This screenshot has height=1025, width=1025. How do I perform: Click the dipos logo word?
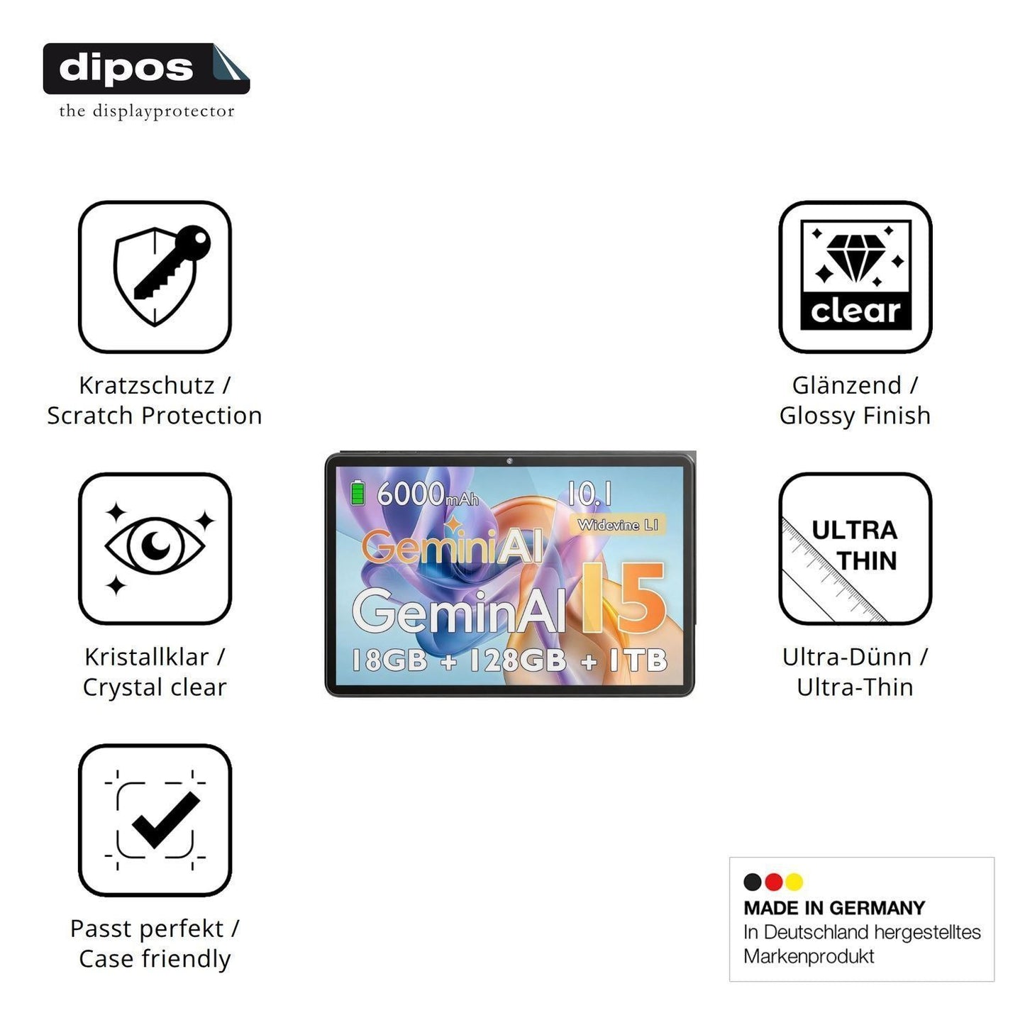click(x=126, y=69)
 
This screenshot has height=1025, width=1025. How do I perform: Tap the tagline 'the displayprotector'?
click(x=147, y=111)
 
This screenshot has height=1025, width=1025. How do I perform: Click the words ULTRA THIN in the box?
click(x=854, y=545)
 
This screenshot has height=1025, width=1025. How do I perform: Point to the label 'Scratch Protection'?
click(x=154, y=416)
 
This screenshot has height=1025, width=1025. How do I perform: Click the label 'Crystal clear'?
click(x=154, y=687)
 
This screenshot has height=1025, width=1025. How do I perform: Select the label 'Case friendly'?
click(x=155, y=959)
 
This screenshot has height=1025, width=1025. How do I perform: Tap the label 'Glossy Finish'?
click(x=855, y=416)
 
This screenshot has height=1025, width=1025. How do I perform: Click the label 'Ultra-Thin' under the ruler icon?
click(x=855, y=687)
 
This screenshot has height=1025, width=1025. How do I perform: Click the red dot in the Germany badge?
click(x=773, y=882)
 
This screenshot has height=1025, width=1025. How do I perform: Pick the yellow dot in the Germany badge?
click(x=794, y=882)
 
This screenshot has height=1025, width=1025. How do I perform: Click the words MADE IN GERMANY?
click(x=834, y=908)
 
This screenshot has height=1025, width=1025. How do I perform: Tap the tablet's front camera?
click(x=509, y=460)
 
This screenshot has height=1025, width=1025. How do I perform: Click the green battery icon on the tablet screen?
click(x=358, y=492)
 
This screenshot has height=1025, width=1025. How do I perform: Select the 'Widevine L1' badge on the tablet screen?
click(x=618, y=525)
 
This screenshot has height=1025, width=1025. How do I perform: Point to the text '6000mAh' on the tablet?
click(x=428, y=494)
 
